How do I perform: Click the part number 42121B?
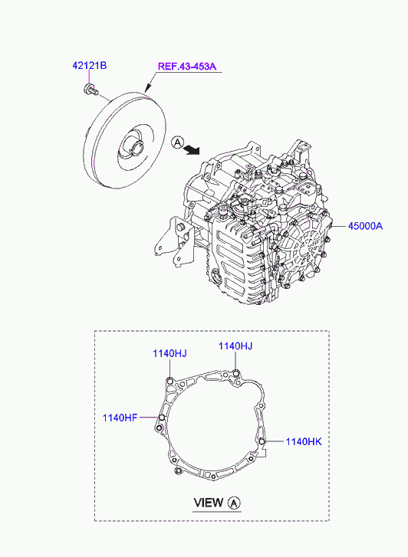[90, 66]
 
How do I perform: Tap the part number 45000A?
[365, 226]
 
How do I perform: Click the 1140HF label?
[120, 418]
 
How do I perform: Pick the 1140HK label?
[304, 441]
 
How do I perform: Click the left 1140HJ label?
[169, 353]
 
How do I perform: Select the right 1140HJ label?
[235, 346]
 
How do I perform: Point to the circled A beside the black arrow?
[177, 143]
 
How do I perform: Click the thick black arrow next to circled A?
[192, 150]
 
